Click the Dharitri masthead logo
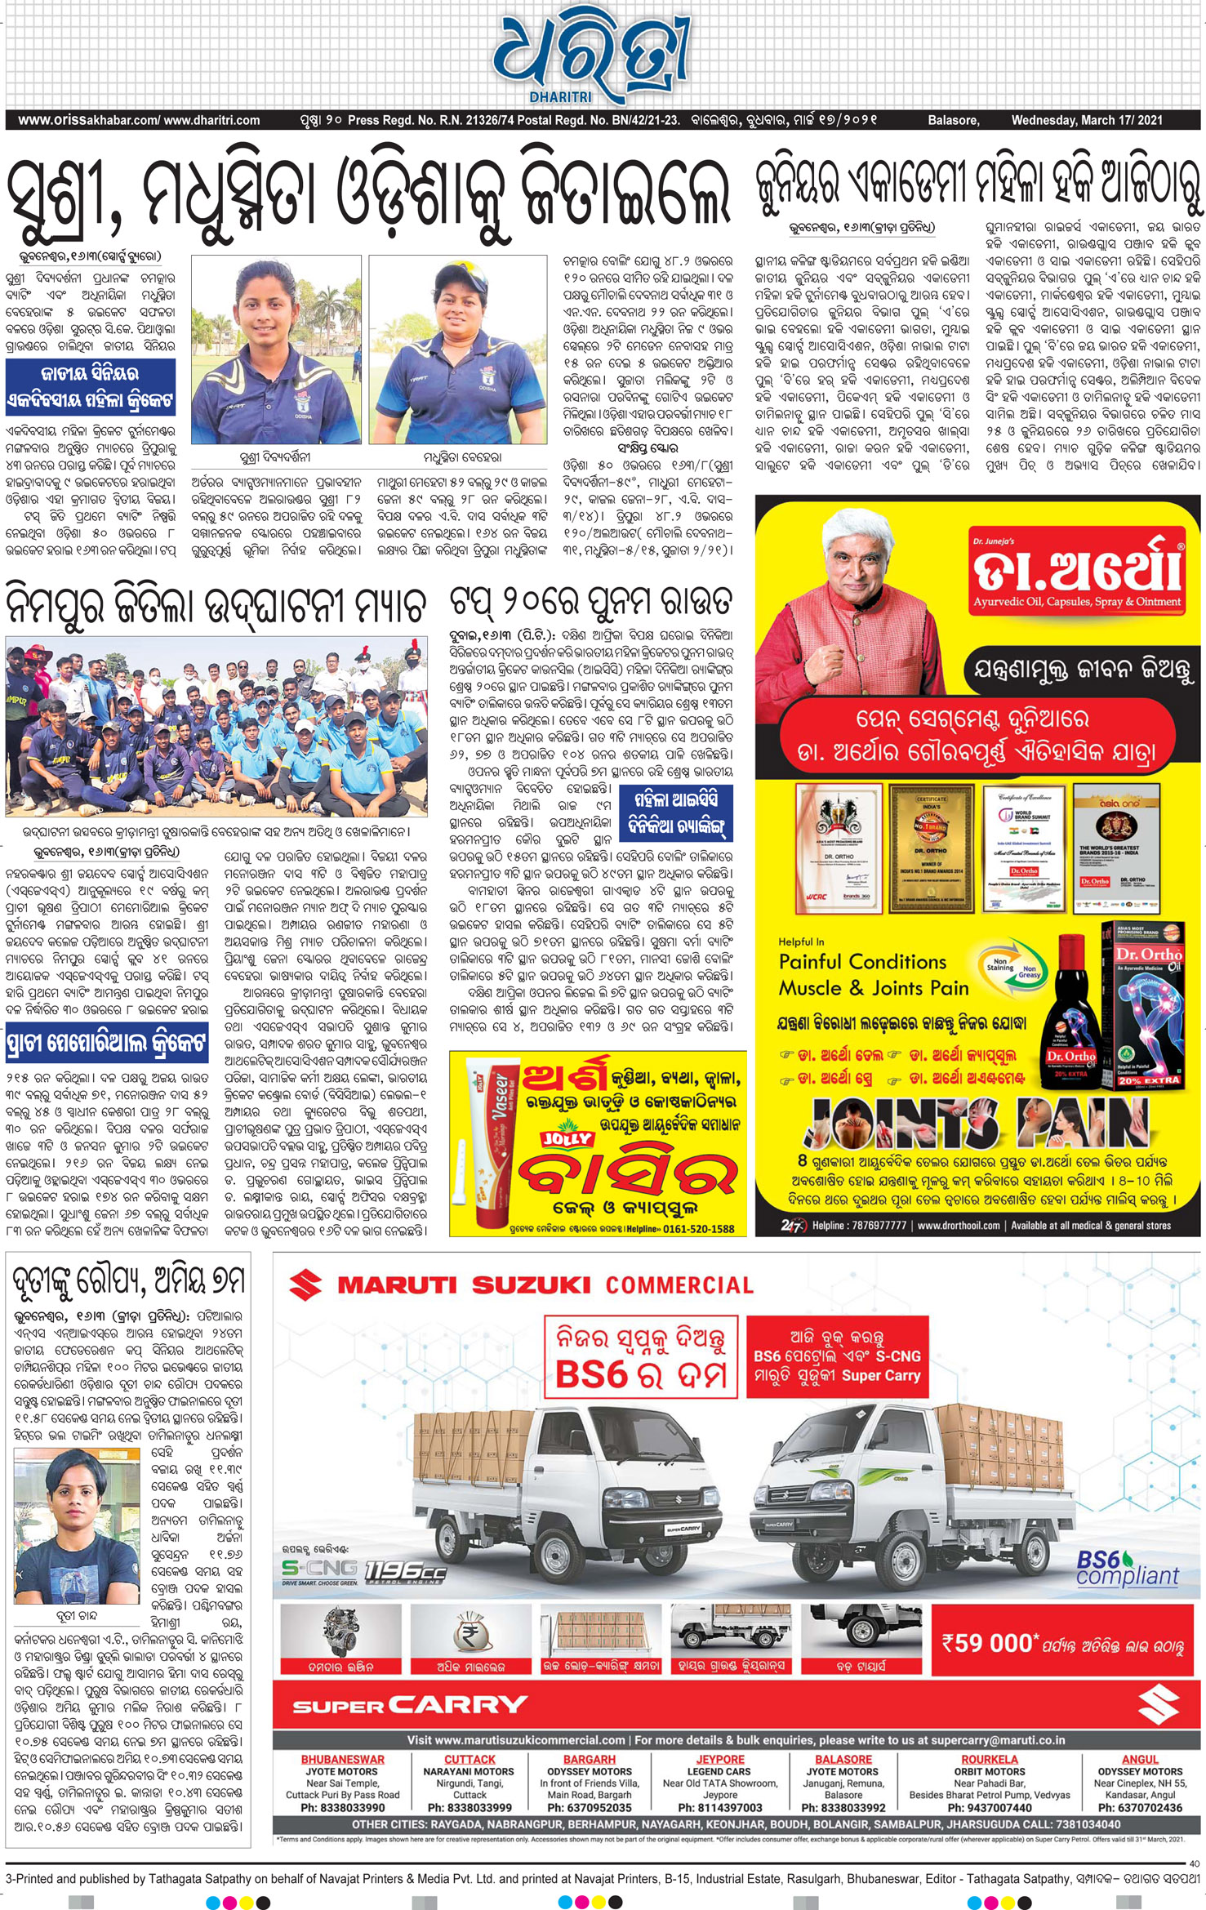coord(590,56)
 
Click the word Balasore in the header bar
coord(953,120)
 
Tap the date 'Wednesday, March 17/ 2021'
coord(1087,120)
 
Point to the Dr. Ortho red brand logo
coord(1076,570)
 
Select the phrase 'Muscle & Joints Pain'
coord(874,988)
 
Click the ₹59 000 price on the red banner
coord(987,1644)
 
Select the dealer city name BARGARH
coord(589,1760)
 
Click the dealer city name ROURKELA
coord(989,1760)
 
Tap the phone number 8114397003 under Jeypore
coord(719,1807)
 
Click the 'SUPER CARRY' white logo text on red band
coord(410,1704)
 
